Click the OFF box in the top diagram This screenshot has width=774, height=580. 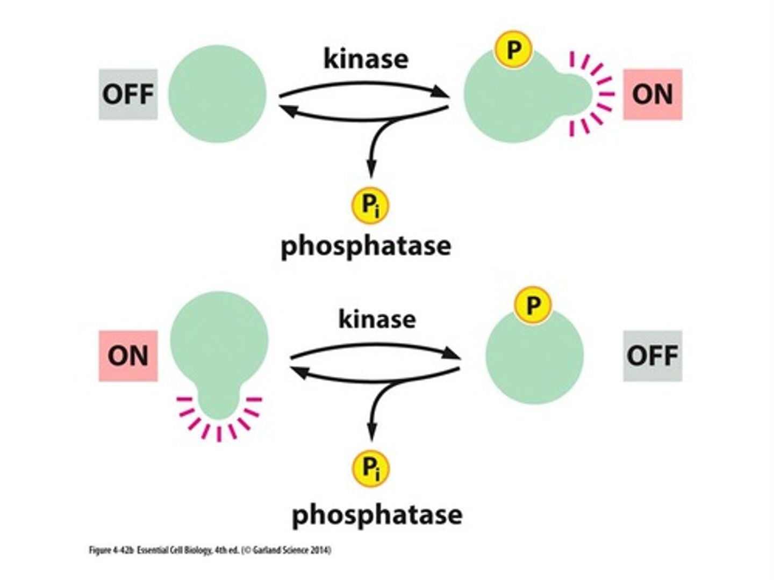tap(128, 94)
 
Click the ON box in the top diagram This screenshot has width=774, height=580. tap(653, 94)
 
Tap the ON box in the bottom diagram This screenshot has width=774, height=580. tap(128, 356)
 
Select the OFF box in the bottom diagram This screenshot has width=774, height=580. tap(653, 356)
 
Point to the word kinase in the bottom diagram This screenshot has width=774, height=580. tap(377, 319)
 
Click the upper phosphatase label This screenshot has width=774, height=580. tap(365, 246)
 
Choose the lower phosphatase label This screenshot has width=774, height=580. tap(377, 514)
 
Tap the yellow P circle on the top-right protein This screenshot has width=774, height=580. tap(513, 50)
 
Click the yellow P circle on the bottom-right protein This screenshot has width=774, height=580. tap(532, 305)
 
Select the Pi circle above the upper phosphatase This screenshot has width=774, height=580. tap(370, 205)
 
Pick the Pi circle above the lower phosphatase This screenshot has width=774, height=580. tap(371, 468)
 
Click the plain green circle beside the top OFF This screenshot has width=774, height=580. tap(217, 94)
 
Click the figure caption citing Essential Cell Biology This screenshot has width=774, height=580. tap(210, 550)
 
